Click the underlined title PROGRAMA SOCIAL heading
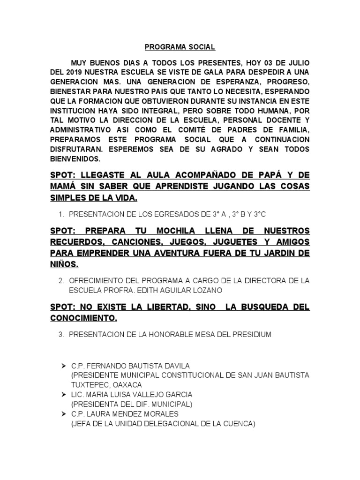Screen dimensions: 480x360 tap(180, 47)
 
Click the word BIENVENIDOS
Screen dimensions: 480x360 tap(75, 159)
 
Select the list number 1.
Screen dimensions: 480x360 tap(61, 214)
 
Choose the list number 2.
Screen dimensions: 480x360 tap(61, 280)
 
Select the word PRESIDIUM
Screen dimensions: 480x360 tap(251, 334)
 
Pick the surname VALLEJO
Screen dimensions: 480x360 tap(150, 394)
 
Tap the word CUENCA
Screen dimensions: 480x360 tap(238, 424)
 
